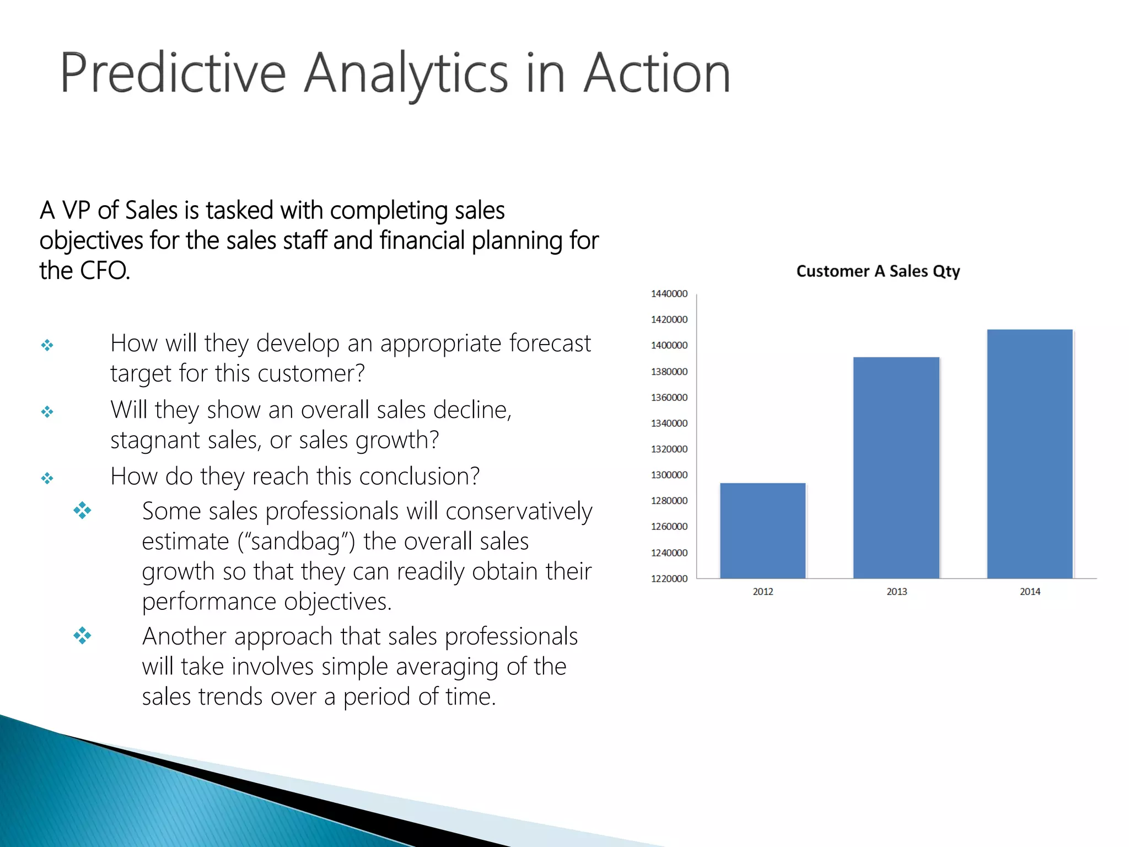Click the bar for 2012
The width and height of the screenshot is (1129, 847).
(x=762, y=530)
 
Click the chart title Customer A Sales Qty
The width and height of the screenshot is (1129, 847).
(x=878, y=271)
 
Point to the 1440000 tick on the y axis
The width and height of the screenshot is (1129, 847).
(x=669, y=294)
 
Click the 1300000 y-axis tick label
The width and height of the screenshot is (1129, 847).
(x=669, y=475)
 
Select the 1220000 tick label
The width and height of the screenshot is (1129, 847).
(x=669, y=578)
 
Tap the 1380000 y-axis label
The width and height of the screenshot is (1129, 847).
(x=669, y=372)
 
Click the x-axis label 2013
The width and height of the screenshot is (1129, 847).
(x=896, y=592)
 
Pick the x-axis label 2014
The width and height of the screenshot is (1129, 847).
(x=1030, y=592)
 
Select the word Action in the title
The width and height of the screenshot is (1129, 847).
(x=657, y=73)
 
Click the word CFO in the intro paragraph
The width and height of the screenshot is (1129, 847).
(x=104, y=271)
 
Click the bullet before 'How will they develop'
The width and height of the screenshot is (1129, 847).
(x=47, y=345)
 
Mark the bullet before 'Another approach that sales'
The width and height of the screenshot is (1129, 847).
(x=82, y=635)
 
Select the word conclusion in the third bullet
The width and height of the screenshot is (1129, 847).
(x=413, y=476)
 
